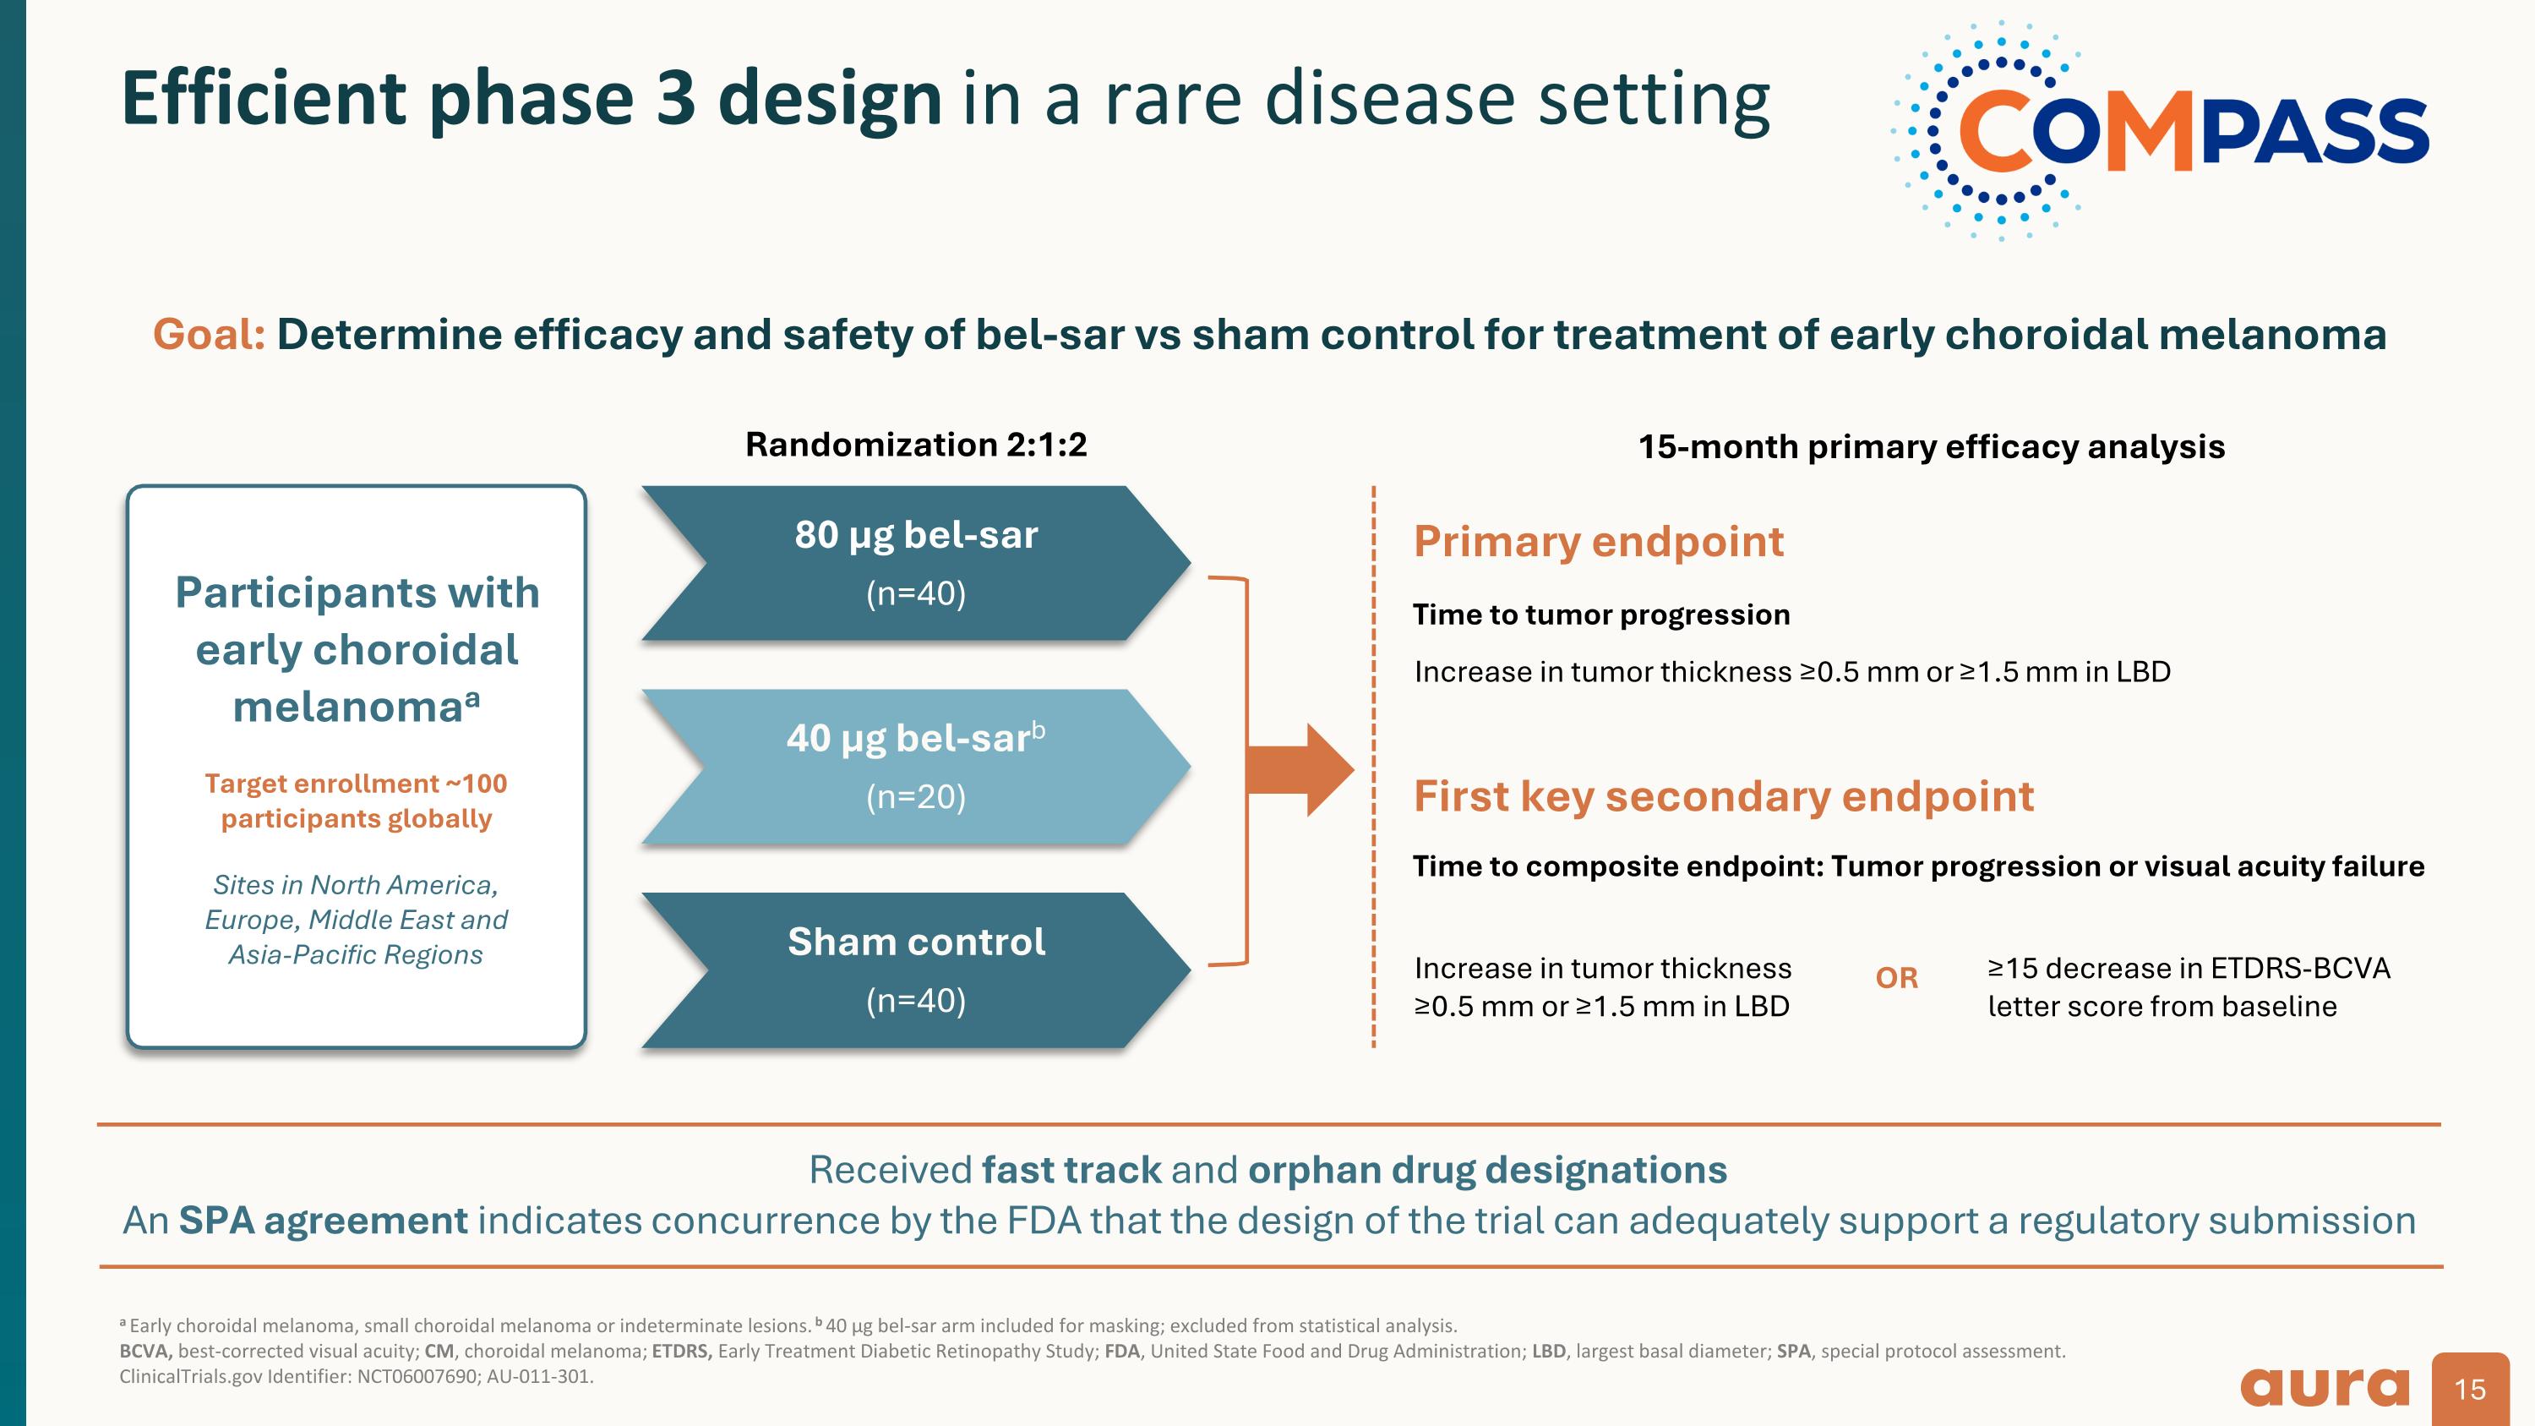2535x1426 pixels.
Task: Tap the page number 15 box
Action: [x=2470, y=1389]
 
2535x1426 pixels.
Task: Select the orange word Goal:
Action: [x=209, y=335]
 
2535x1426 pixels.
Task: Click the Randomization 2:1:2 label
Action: [x=915, y=445]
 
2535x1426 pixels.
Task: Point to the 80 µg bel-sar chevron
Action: [x=915, y=563]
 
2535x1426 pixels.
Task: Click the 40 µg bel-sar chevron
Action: [x=915, y=766]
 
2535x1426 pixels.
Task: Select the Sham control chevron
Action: [x=915, y=970]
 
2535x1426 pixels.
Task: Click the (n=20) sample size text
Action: [x=915, y=796]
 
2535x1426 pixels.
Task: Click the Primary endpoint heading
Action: [x=1598, y=541]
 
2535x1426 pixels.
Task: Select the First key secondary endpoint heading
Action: [x=1723, y=796]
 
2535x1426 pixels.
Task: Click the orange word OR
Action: [x=1896, y=978]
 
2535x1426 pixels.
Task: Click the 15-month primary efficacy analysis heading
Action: [x=1931, y=447]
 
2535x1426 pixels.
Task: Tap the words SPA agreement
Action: [x=323, y=1221]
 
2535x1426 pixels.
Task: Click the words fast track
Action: [x=1071, y=1170]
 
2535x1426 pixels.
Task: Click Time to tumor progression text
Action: [x=1601, y=615]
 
